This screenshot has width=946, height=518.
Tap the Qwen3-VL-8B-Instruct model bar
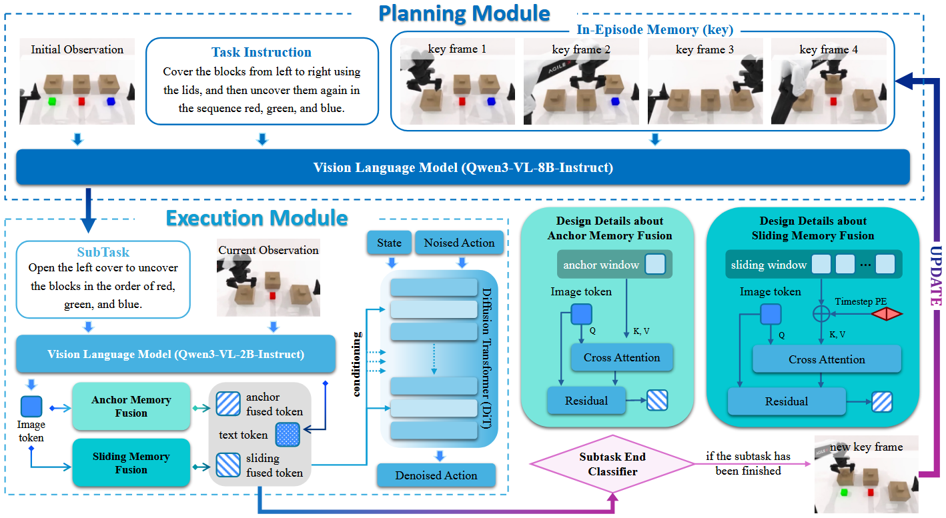(x=463, y=167)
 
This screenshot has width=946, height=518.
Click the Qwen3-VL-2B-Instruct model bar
(x=176, y=354)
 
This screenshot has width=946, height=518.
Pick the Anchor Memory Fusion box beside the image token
(x=131, y=407)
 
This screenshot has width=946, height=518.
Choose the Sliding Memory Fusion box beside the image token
(x=131, y=463)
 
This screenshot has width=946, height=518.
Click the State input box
(x=389, y=243)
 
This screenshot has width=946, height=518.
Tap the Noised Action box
(x=459, y=243)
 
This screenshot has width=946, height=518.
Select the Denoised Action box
(x=436, y=475)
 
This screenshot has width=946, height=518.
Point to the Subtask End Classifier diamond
(x=612, y=465)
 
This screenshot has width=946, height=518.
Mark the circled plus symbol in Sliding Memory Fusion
(x=821, y=313)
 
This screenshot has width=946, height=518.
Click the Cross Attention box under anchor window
(x=622, y=358)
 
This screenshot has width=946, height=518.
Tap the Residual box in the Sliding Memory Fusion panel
(x=787, y=401)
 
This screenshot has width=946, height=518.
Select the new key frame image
(x=866, y=475)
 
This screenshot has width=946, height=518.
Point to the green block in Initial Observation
(x=51, y=102)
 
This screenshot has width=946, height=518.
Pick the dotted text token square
(x=288, y=435)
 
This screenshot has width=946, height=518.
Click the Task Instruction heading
(x=261, y=52)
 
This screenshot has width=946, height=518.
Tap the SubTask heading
(x=103, y=253)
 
